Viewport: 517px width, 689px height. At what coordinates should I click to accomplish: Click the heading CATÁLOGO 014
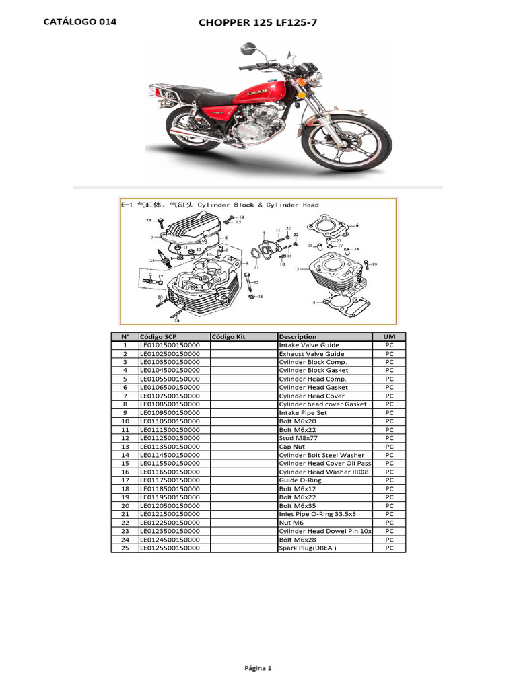point(79,22)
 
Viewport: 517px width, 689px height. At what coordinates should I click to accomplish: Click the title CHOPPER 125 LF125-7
point(258,23)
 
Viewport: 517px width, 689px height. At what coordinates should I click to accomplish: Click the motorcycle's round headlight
point(319,78)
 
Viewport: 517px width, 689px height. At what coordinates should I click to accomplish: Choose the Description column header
point(298,336)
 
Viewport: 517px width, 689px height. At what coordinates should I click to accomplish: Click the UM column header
point(389,336)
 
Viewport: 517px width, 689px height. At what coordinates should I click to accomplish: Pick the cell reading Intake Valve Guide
point(309,345)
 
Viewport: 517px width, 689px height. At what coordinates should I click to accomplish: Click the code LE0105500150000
point(170,379)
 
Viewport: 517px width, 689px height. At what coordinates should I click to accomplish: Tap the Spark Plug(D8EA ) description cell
point(307,548)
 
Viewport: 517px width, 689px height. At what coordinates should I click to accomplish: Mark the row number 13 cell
point(125,447)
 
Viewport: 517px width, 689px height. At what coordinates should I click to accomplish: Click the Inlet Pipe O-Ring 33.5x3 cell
point(317,514)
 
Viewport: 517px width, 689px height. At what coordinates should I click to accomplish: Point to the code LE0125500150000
point(170,548)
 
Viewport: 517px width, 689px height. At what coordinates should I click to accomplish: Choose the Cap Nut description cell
point(292,447)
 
